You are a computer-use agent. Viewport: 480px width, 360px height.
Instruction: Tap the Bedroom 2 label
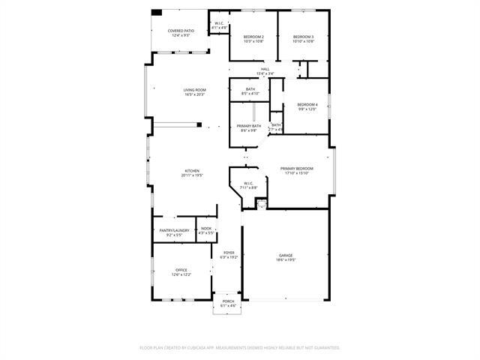pyautogui.click(x=253, y=37)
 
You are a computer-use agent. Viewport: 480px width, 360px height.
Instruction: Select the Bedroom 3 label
pyautogui.click(x=303, y=37)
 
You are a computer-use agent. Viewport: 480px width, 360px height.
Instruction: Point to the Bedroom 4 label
pyautogui.click(x=307, y=104)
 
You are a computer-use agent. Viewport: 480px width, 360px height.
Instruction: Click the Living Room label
pyautogui.click(x=194, y=90)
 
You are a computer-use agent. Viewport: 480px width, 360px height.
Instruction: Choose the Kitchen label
pyautogui.click(x=192, y=171)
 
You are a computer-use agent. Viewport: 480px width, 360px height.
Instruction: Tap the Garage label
pyautogui.click(x=286, y=255)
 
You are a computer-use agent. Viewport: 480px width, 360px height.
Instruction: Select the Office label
pyautogui.click(x=181, y=270)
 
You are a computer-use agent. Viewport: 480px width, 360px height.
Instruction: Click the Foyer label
pyautogui.click(x=228, y=253)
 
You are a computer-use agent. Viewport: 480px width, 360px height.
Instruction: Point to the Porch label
pyautogui.click(x=228, y=301)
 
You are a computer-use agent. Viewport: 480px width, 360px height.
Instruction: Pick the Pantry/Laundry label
pyautogui.click(x=171, y=230)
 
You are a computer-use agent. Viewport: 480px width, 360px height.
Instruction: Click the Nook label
pyautogui.click(x=206, y=228)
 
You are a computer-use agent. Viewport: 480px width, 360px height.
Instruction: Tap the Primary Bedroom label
pyautogui.click(x=297, y=169)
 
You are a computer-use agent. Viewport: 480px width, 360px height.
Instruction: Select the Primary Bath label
pyautogui.click(x=248, y=126)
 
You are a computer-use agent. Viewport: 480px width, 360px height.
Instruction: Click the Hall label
pyautogui.click(x=265, y=69)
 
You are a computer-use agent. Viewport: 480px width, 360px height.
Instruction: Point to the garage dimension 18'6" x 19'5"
pyautogui.click(x=286, y=259)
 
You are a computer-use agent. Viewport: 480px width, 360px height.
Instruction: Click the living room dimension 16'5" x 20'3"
pyautogui.click(x=194, y=94)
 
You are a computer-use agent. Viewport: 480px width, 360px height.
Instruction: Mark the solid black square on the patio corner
pyautogui.click(x=157, y=12)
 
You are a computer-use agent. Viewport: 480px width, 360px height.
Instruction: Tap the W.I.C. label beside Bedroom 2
pyautogui.click(x=220, y=23)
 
